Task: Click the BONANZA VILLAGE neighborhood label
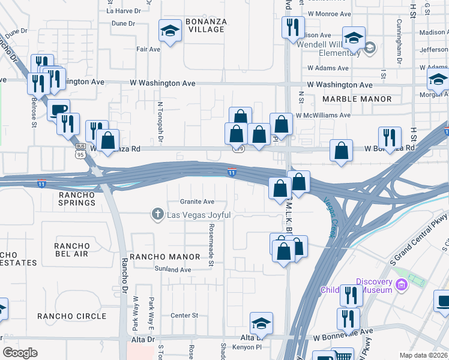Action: (206, 26)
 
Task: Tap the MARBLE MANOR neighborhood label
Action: (357, 99)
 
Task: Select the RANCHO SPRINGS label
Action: (77, 199)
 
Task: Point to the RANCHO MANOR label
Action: (166, 257)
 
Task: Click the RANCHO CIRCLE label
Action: (80, 316)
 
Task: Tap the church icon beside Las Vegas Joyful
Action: (158, 214)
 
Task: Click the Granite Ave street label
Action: (197, 202)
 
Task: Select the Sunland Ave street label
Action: (172, 270)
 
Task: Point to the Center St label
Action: (184, 315)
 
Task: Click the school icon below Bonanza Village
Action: (170, 31)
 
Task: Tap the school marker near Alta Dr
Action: (262, 323)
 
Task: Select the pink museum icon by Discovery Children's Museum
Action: (415, 281)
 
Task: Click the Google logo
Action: (20, 353)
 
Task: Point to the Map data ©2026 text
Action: (423, 355)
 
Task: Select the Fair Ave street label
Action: (148, 49)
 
